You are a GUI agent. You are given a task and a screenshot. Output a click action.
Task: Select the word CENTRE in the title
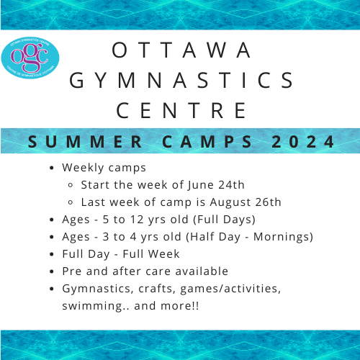(181, 110)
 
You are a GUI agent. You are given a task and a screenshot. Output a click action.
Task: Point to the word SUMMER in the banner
(80, 142)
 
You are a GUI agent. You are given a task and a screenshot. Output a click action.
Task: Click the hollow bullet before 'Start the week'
(73, 186)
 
